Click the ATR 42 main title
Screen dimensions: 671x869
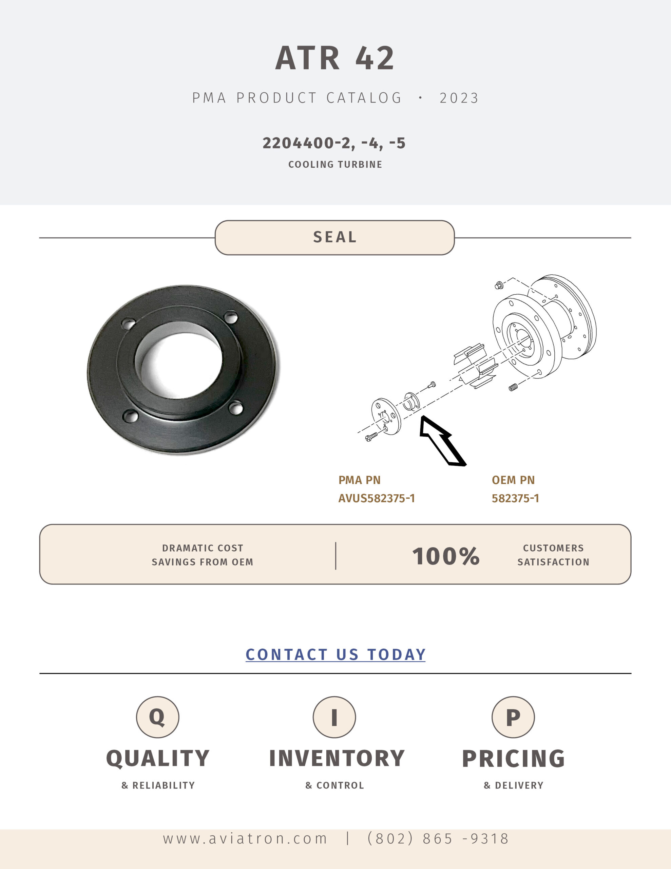[x=335, y=58]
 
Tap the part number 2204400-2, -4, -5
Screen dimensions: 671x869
[x=334, y=143]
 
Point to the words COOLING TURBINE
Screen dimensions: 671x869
[x=335, y=164]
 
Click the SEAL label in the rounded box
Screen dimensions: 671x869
[x=335, y=237]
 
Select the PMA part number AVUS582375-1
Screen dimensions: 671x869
[x=376, y=498]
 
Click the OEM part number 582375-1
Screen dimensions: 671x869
[x=516, y=498]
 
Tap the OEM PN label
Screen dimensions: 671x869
[x=513, y=480]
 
